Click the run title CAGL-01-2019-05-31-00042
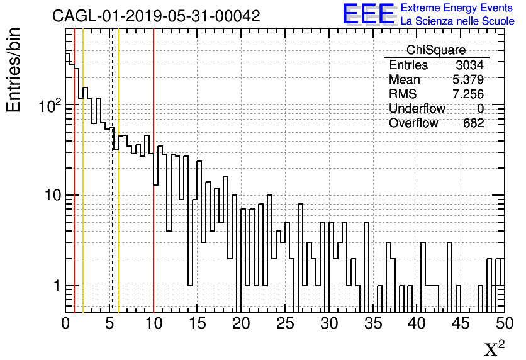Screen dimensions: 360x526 coord(156,16)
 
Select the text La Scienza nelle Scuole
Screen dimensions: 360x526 coord(457,21)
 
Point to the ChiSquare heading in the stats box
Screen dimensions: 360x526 coord(436,50)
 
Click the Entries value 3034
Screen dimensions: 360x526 coord(469,65)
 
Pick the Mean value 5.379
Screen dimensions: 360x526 coord(467,80)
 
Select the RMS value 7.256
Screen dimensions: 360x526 coord(467,94)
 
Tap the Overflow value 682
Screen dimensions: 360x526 coord(473,123)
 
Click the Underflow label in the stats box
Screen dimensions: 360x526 coord(417,109)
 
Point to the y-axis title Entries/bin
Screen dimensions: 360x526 coord(14,69)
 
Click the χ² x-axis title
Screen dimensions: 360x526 coord(494,348)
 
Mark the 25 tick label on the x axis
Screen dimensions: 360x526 coord(286,323)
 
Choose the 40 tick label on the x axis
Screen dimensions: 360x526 coord(417,323)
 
